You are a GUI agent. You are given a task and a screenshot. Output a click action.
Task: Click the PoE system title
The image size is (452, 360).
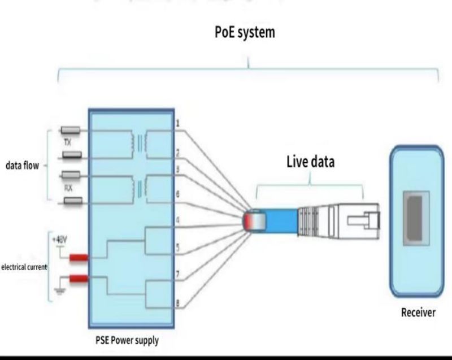point(245,32)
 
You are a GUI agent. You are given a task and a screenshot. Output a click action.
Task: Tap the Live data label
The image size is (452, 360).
point(310,162)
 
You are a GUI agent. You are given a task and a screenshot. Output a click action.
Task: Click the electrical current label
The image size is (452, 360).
point(24,266)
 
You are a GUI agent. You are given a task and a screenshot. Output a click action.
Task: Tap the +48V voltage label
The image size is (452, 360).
point(59,238)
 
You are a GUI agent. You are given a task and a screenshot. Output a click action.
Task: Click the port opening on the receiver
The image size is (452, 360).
point(415,218)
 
